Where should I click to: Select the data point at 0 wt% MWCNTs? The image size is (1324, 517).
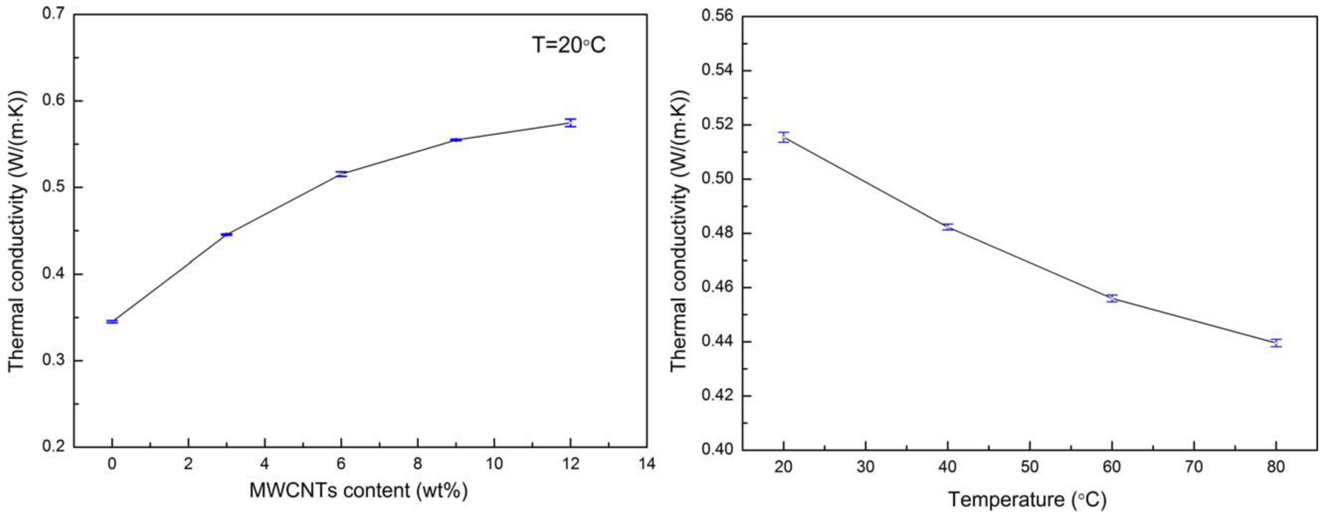[x=112, y=322]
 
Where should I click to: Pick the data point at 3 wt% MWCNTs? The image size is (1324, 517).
[x=227, y=234]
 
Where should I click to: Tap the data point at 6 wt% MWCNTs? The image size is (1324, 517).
[x=341, y=174]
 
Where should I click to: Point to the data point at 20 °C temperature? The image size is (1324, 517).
[x=783, y=137]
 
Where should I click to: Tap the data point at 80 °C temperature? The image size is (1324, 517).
[x=1276, y=343]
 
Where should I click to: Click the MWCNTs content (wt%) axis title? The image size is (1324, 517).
[x=358, y=490]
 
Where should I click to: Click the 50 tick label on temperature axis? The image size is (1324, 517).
[x=1030, y=467]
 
